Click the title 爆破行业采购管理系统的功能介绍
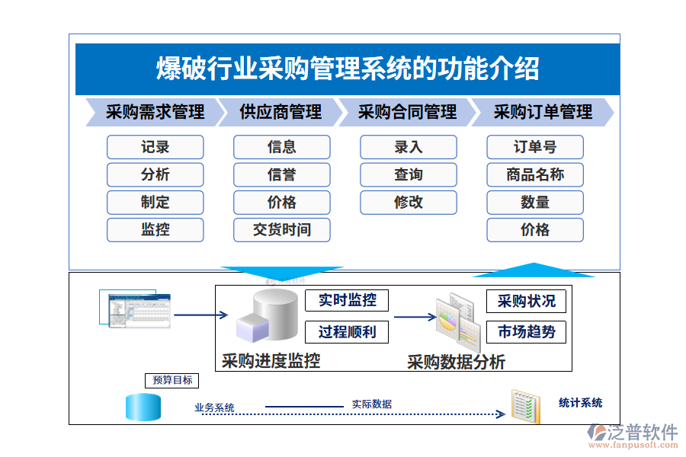click(347, 69)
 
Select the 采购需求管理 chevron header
click(155, 113)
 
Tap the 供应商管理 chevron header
click(280, 113)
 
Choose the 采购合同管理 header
click(407, 113)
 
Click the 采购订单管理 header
click(542, 113)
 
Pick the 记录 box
click(155, 147)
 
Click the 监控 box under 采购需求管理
click(155, 229)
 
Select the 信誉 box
click(281, 174)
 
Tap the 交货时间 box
click(281, 229)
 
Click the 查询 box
click(409, 174)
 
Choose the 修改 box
click(409, 202)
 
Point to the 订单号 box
click(535, 147)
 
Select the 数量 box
click(535, 202)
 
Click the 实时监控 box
click(347, 300)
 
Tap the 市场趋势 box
click(526, 332)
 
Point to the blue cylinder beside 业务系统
click(143, 407)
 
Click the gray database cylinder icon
click(273, 315)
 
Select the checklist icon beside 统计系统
click(526, 407)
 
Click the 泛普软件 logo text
click(643, 432)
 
